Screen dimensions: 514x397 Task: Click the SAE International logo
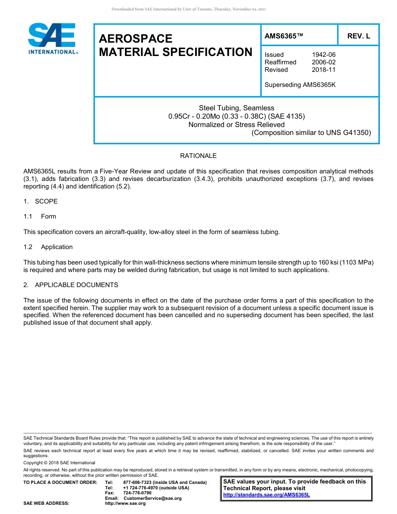pyautogui.click(x=52, y=38)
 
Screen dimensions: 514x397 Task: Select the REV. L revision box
pyautogui.click(x=359, y=36)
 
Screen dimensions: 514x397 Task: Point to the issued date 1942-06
pyautogui.click(x=323, y=55)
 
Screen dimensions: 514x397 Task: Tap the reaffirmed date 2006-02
pyautogui.click(x=323, y=62)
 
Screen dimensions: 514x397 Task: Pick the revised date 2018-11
pyautogui.click(x=323, y=70)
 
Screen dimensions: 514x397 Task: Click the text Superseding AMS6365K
pyautogui.click(x=300, y=85)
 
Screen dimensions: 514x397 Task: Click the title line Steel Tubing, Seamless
pyautogui.click(x=237, y=108)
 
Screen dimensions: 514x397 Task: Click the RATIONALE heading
pyautogui.click(x=198, y=156)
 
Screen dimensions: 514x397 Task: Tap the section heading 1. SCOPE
pyautogui.click(x=41, y=201)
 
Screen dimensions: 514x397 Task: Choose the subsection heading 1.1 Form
pyautogui.click(x=40, y=216)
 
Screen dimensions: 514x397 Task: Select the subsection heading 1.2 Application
pyautogui.click(x=48, y=247)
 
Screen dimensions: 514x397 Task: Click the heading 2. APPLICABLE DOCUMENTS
pyautogui.click(x=71, y=285)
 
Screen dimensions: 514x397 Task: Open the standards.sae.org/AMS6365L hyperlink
pyautogui.click(x=266, y=495)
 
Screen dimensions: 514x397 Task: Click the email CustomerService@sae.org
pyautogui.click(x=153, y=499)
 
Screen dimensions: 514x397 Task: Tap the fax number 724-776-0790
pyautogui.click(x=137, y=493)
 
